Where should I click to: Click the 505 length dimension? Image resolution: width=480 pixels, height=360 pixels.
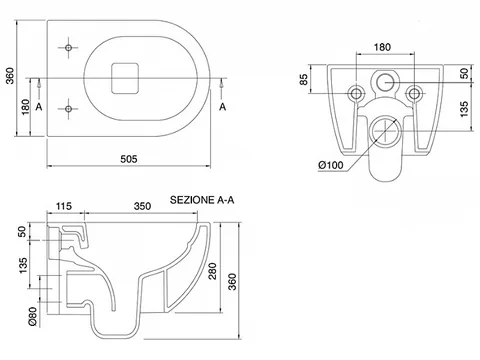(x=129, y=159)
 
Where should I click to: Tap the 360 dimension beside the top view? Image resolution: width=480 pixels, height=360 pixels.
(x=11, y=76)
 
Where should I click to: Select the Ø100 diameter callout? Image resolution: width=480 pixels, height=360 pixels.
(x=331, y=165)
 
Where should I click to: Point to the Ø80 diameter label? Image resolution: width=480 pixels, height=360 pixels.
(x=32, y=316)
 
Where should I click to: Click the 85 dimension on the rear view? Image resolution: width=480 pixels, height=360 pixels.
(x=304, y=79)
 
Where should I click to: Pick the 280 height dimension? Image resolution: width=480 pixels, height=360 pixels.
(x=212, y=271)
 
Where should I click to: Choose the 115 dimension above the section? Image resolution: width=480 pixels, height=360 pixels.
(x=63, y=206)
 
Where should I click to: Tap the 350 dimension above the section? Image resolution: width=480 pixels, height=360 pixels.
(x=142, y=206)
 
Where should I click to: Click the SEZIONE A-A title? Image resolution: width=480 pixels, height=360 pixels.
(x=202, y=200)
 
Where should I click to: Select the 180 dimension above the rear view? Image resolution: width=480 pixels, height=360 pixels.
(x=382, y=47)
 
